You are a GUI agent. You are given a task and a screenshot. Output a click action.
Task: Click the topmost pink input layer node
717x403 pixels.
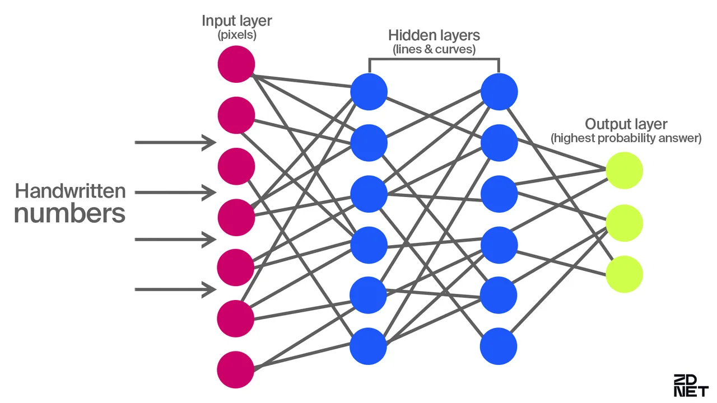pos(236,64)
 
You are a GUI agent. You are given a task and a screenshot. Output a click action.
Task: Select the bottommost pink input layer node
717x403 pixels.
pos(236,369)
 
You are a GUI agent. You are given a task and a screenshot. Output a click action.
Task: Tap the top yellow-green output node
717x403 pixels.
pos(624,171)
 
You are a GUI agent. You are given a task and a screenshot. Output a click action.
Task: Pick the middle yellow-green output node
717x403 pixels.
pos(624,223)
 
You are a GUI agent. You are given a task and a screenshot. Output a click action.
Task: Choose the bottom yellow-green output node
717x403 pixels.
pos(624,274)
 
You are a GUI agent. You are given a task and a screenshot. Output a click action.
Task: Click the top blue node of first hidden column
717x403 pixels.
pos(369,92)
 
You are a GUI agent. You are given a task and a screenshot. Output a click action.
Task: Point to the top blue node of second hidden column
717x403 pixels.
pos(499,92)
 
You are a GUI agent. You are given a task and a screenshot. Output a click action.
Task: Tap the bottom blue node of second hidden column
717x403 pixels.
pos(499,346)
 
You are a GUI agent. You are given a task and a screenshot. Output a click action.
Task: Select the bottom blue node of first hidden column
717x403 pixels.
pos(369,346)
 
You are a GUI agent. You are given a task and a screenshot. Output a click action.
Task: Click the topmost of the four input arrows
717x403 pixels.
pos(175,143)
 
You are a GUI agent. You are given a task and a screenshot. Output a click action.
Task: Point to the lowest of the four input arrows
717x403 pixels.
pos(175,289)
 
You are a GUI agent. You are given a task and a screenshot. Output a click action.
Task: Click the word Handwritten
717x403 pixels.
pos(70,191)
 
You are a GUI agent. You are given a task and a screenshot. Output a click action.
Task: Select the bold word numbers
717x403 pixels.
pos(69,214)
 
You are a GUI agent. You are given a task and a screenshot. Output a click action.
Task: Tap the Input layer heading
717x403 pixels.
pos(236,21)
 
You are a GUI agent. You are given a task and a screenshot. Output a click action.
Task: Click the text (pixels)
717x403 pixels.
pos(236,35)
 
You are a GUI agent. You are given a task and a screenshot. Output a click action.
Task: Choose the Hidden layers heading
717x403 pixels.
pos(434,36)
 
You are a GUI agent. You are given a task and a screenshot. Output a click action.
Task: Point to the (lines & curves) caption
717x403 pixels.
pos(434,49)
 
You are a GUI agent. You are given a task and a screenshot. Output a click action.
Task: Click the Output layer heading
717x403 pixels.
pos(626,124)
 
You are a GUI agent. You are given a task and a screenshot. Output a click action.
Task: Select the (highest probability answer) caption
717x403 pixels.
pos(626,138)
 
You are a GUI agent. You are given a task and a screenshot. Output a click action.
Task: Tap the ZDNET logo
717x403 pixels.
pos(690,386)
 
